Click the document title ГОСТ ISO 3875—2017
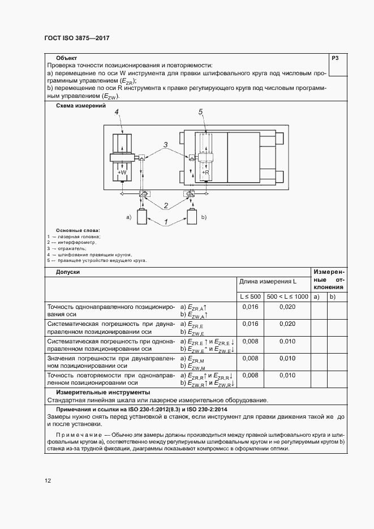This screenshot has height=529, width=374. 76,38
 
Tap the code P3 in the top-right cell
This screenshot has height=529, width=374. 334,59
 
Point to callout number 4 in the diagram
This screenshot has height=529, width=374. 117,113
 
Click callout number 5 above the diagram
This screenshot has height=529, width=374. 201,113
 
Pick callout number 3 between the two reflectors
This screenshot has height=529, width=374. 165,145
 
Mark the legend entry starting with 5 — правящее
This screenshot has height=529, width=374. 97,261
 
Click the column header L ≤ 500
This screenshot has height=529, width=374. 249,296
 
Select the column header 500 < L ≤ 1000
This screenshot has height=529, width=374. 287,296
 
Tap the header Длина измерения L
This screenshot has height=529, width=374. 268,281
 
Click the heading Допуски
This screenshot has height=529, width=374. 68,272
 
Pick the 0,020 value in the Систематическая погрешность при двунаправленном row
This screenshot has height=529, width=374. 287,324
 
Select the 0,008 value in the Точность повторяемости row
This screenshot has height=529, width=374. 250,375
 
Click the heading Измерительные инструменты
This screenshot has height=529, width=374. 102,392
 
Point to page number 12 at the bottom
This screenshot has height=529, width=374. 48,481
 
